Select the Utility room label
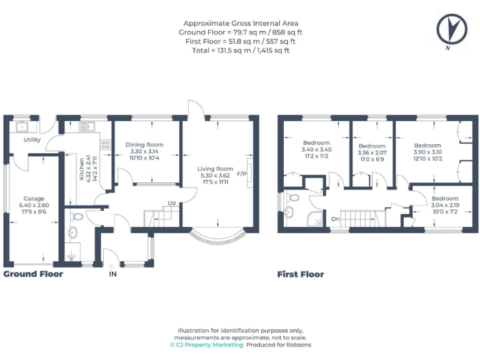tap(32, 140)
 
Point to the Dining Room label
tap(144, 145)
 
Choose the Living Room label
tap(215, 169)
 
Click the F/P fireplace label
tap(242, 174)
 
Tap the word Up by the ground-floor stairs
tap(171, 203)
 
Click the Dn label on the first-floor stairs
tap(335, 219)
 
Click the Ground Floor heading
tap(33, 274)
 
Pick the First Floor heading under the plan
tap(301, 274)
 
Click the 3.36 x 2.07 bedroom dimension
tap(372, 153)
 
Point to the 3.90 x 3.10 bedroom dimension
tap(427, 152)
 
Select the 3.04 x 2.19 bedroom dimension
tap(444, 206)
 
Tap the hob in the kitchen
tap(105, 146)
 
